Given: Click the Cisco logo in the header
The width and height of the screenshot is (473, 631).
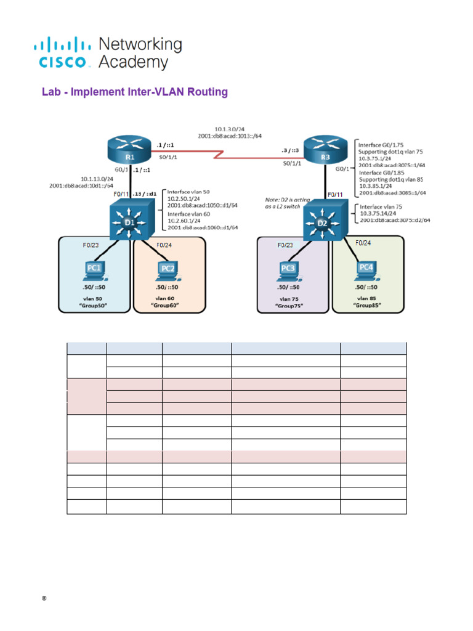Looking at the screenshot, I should (x=65, y=52).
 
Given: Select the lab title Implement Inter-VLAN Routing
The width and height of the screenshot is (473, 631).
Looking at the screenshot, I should (x=134, y=92).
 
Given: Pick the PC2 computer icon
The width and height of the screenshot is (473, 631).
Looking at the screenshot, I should (x=166, y=271).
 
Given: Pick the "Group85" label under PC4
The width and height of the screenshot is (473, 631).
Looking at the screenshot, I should (x=366, y=304).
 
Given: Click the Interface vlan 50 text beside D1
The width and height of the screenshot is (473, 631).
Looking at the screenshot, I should (x=188, y=192).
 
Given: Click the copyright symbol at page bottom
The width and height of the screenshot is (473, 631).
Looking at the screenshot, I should (x=44, y=599).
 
